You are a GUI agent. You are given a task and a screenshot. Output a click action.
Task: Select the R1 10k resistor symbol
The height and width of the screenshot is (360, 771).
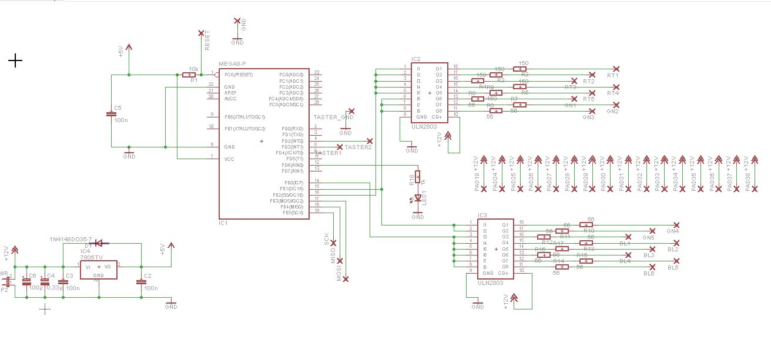(x=189, y=75)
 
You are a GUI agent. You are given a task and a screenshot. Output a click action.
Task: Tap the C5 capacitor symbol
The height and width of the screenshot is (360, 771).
(x=112, y=114)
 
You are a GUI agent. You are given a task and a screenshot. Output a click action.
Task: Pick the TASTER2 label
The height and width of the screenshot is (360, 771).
(x=358, y=147)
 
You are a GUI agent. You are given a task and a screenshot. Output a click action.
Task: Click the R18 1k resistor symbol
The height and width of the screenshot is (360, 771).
(x=418, y=176)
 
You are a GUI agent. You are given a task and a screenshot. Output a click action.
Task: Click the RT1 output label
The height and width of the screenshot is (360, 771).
(x=614, y=76)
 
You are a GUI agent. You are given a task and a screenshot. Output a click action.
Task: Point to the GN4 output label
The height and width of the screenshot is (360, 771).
(x=673, y=231)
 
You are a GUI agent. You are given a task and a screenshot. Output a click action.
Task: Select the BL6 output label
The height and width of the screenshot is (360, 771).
(x=649, y=274)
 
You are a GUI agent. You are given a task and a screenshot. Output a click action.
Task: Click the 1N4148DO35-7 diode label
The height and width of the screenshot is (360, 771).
(x=71, y=240)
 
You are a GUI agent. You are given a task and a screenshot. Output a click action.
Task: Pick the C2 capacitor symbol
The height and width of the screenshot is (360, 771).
(x=141, y=282)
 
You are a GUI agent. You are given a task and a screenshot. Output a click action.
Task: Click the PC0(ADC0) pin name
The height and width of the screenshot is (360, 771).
(x=291, y=75)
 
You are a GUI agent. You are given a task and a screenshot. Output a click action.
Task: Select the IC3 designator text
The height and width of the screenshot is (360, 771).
(x=482, y=216)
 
